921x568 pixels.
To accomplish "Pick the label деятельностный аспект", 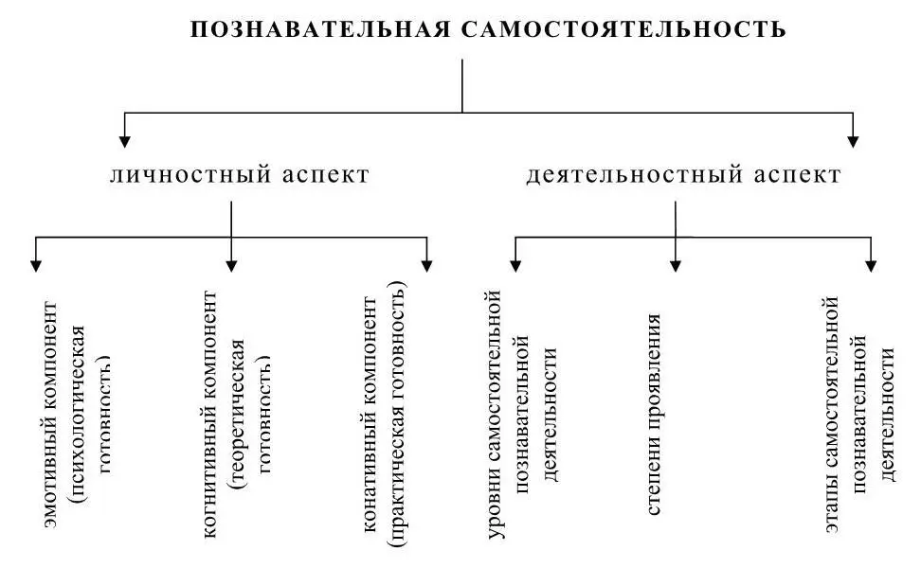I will pyautogui.click(x=683, y=175).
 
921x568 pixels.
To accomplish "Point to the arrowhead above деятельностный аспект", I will pyautogui.click(x=853, y=141).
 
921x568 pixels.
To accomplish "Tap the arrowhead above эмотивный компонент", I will pyautogui.click(x=35, y=265).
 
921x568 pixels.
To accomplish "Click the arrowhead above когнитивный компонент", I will pyautogui.click(x=231, y=265).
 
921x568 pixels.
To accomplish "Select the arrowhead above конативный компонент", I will pyautogui.click(x=427, y=265).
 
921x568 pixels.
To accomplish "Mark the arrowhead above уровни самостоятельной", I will pyautogui.click(x=515, y=265).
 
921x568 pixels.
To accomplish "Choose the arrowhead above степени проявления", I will pyautogui.click(x=676, y=265).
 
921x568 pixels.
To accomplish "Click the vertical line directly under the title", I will pyautogui.click(x=461, y=85).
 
